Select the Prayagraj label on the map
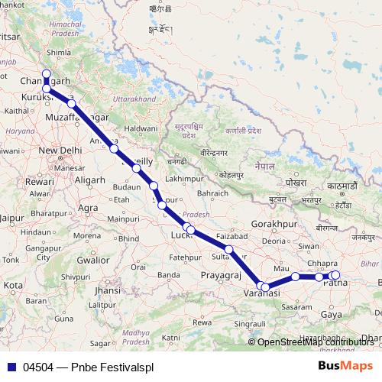222,274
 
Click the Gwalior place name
93,259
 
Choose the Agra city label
88,208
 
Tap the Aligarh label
90,178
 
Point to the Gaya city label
332,314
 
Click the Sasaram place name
295,306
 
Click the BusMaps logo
345,367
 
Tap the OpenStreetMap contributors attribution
316,342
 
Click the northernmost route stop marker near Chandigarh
46,75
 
